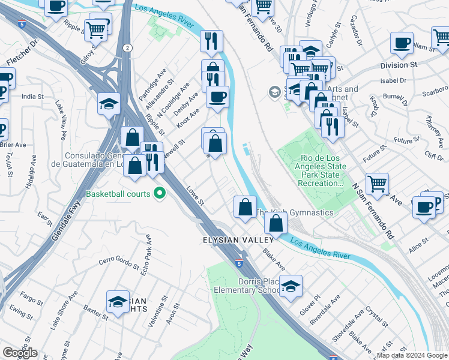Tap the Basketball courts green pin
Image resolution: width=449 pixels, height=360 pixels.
coord(160,194)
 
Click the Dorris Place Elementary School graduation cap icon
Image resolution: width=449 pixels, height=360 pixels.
coord(291,286)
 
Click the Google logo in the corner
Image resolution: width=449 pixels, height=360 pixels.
coord(19,353)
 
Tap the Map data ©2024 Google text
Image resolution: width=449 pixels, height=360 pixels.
coord(412,355)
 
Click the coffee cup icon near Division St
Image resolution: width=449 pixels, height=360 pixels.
coord(402,43)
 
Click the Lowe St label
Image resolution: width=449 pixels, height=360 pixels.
coord(195,195)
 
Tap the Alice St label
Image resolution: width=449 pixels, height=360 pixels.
coord(418,241)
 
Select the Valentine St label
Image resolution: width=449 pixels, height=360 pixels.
coord(155,315)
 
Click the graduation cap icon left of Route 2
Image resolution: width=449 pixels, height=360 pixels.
coord(109,104)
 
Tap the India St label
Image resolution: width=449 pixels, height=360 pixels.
coord(32,96)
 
